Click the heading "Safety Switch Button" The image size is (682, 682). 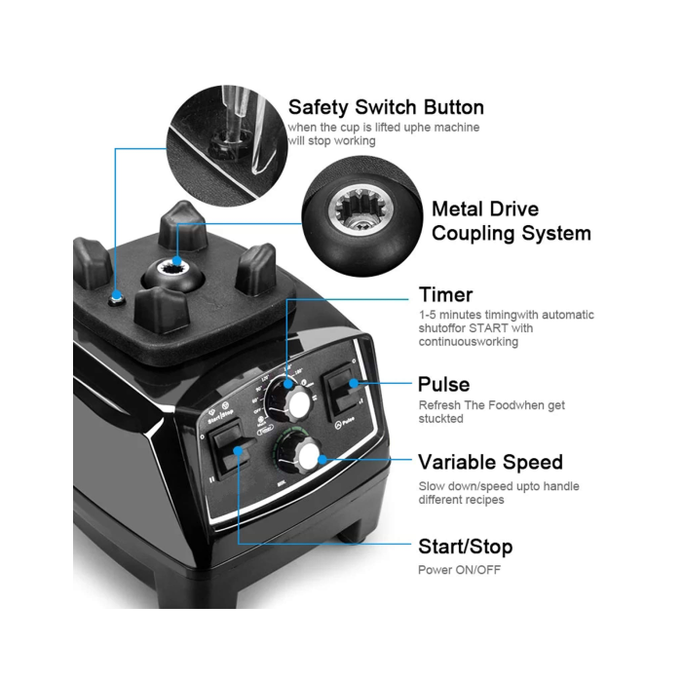point(386,107)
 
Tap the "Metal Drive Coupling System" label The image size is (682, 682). point(511,221)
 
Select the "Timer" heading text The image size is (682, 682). point(445,294)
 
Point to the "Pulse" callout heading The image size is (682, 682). point(443,384)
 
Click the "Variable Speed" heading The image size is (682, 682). point(490,462)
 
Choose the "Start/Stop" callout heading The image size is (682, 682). point(465,547)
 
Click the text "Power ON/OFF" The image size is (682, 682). point(459,570)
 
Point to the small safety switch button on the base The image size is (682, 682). point(117,297)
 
